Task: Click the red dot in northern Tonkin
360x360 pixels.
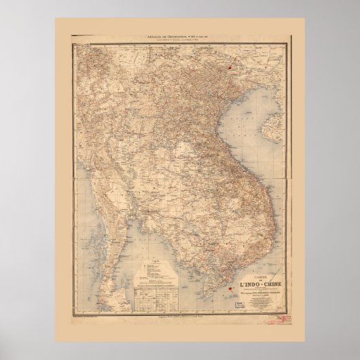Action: coord(232,67)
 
